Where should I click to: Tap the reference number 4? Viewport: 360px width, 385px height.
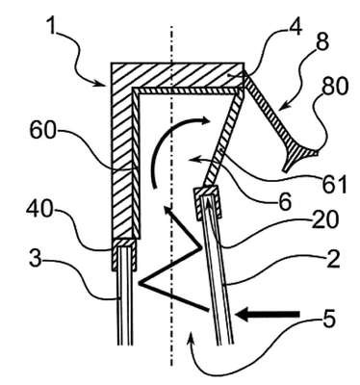pos(295,26)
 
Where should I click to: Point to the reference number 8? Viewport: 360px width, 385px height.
pos(321,41)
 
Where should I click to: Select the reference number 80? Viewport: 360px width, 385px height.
pos(334,87)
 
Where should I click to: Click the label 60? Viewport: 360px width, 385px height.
pos(42,131)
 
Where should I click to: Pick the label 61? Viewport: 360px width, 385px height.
pos(335,184)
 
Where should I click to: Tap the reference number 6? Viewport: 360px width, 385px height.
pos(285,201)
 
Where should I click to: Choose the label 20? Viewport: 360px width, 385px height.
pos(324,220)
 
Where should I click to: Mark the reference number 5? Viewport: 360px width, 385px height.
pos(327,319)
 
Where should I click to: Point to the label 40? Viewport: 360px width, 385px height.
pos(39,210)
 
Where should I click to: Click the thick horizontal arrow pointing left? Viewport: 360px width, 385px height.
pos(268,314)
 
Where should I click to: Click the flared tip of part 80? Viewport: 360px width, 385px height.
pos(300,156)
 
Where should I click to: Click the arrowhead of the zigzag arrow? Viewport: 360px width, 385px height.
pos(168,211)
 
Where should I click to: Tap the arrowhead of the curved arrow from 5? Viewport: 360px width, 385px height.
pos(191,338)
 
